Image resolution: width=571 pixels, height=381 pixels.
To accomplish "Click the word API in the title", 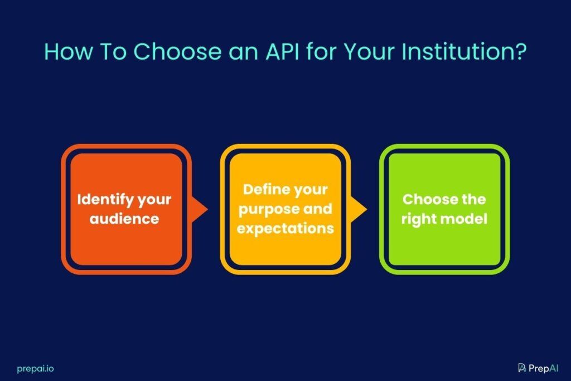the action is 282,51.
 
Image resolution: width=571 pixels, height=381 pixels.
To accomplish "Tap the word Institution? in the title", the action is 464,51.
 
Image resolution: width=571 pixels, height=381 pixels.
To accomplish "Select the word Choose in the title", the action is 178,51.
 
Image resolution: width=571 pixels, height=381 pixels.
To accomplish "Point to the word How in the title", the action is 69,51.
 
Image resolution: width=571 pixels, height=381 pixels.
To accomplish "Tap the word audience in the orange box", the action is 124,219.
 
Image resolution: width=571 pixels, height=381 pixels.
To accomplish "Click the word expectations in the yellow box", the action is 285,229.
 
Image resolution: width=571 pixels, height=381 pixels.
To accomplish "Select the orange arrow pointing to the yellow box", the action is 200,209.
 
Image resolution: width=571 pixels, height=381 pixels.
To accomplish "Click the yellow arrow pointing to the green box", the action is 359,209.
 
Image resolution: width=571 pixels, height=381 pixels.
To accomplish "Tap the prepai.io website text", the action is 35,369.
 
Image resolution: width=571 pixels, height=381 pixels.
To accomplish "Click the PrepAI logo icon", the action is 522,368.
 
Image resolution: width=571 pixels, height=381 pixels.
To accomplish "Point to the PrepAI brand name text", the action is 543,368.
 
